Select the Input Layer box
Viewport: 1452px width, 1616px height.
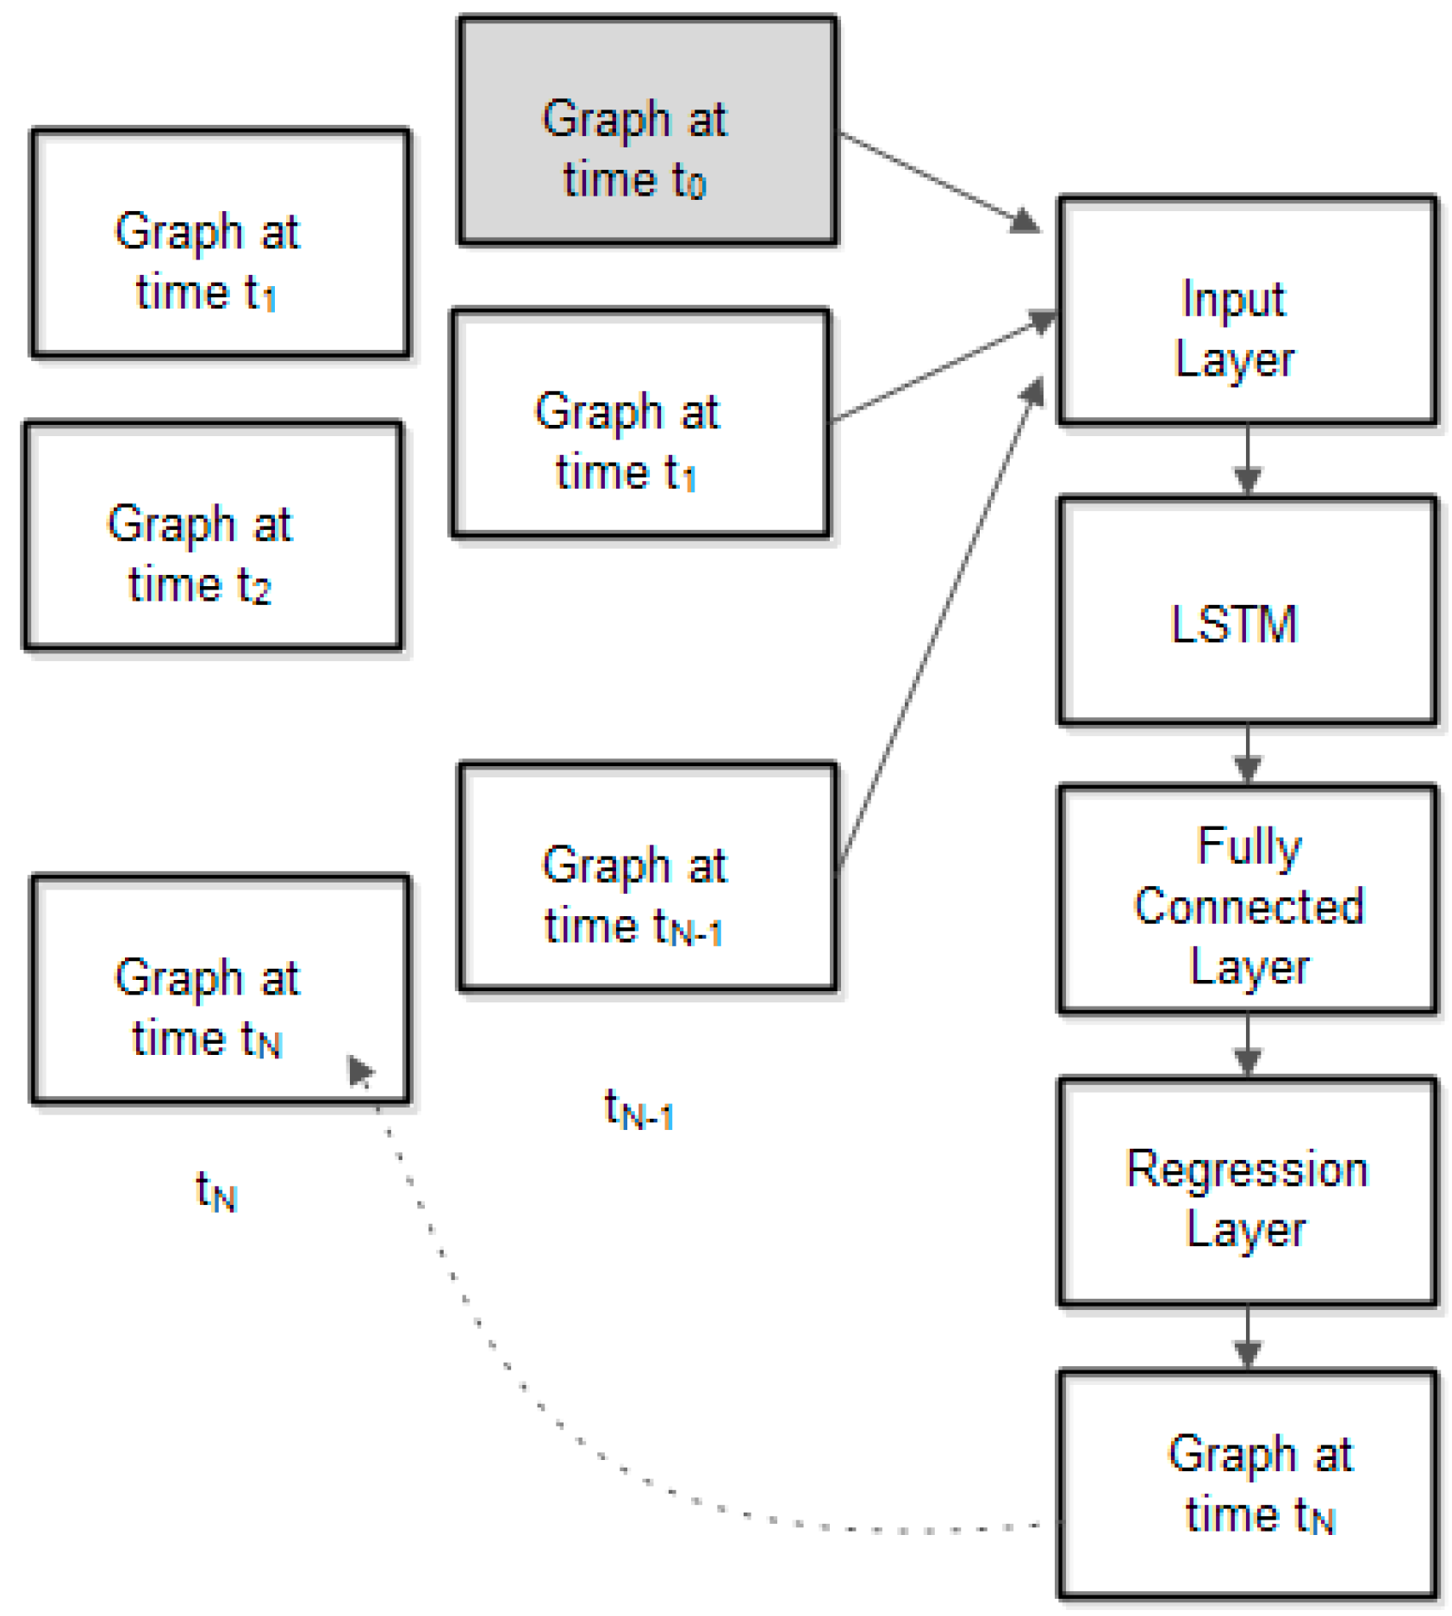1246,310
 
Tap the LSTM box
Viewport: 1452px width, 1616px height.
1246,610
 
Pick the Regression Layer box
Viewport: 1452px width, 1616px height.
1246,1192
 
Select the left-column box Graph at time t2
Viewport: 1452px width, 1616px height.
213,535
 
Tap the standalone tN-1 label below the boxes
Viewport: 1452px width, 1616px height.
639,1108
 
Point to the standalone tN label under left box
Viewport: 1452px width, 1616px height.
216,1192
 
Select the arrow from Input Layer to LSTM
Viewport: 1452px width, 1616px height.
1247,461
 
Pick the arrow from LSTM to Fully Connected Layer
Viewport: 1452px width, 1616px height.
1247,754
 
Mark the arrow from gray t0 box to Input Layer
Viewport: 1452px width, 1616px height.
939,182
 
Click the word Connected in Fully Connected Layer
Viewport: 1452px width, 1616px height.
1248,907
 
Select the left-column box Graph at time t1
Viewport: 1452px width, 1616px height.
220,242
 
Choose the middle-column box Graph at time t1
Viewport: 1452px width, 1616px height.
640,423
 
